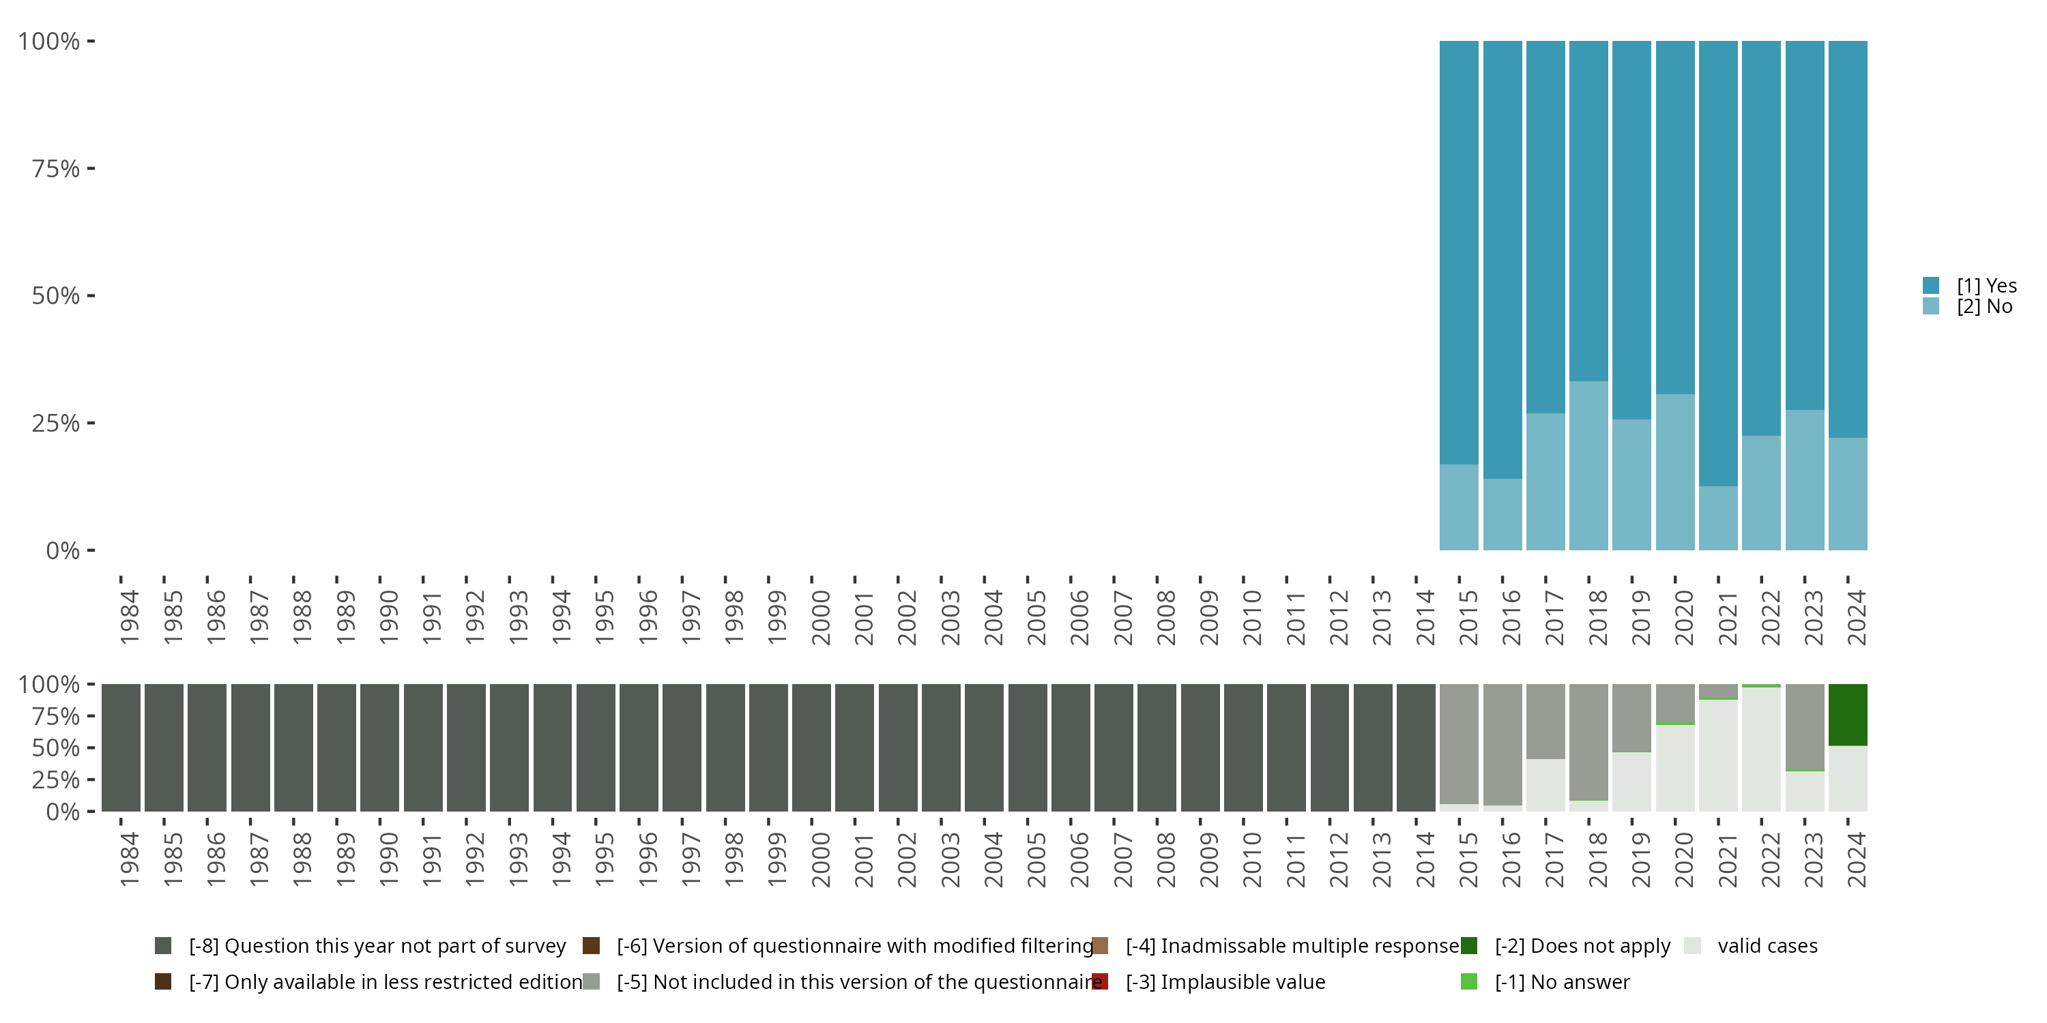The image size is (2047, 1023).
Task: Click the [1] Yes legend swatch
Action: (x=1930, y=286)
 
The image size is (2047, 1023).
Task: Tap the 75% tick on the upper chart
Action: (x=56, y=168)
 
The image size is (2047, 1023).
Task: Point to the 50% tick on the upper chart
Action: (x=56, y=295)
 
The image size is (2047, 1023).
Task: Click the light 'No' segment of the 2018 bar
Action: (x=1588, y=465)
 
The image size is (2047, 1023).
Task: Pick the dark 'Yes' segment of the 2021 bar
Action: (x=1718, y=262)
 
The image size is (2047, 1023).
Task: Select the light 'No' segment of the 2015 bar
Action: (x=1459, y=507)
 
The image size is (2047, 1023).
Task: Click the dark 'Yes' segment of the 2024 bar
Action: (x=1848, y=238)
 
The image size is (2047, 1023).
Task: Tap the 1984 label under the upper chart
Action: (x=129, y=617)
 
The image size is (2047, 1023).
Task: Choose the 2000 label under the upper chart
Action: (x=820, y=617)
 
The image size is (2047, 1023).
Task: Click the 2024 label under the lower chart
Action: (x=1856, y=859)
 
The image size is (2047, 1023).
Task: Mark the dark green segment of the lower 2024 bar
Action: (x=1848, y=714)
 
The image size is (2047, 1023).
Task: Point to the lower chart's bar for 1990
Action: (x=380, y=747)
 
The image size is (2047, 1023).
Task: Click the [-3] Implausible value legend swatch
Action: (x=1100, y=981)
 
